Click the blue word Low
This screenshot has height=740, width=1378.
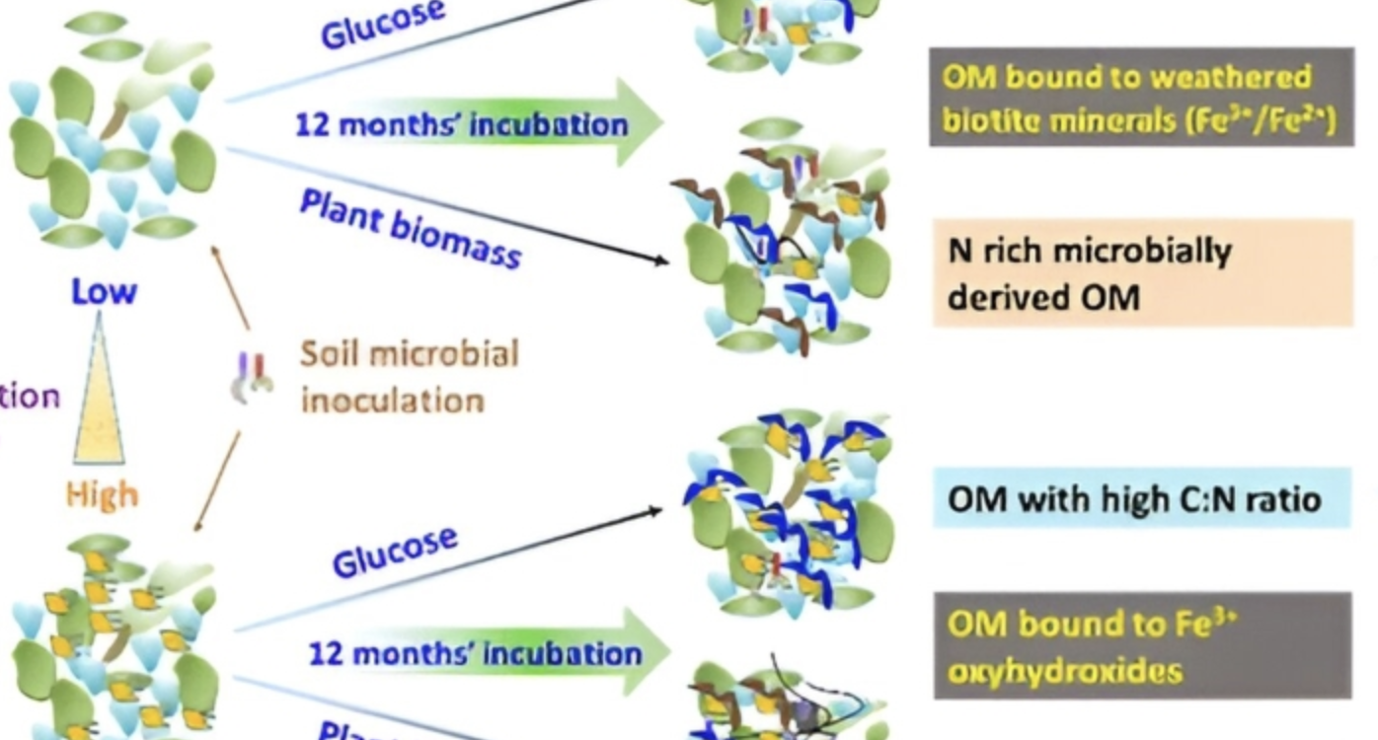pyautogui.click(x=103, y=291)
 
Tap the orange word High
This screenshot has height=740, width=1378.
pyautogui.click(x=103, y=493)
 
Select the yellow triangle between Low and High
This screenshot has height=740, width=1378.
pyautogui.click(x=100, y=395)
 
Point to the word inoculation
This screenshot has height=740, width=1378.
pyautogui.click(x=392, y=401)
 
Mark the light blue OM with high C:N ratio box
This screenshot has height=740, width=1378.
pyautogui.click(x=1141, y=498)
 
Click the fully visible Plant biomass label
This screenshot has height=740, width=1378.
pyautogui.click(x=409, y=228)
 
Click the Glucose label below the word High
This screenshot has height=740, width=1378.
pyautogui.click(x=395, y=551)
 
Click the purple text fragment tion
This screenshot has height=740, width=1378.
pyautogui.click(x=30, y=397)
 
